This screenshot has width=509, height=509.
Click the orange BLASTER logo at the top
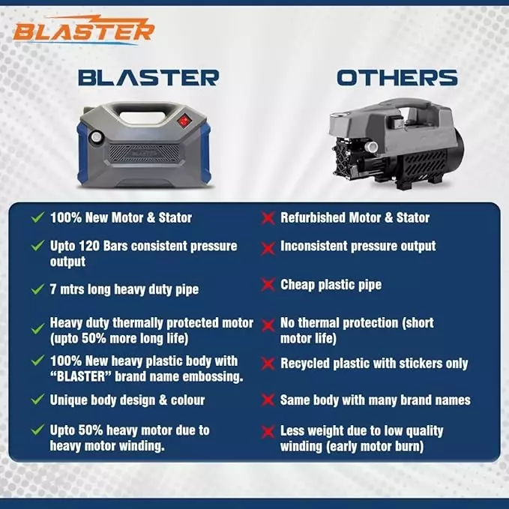coord(83,30)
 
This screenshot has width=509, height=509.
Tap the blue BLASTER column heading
coord(148,77)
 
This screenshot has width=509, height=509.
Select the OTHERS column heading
coord(397,77)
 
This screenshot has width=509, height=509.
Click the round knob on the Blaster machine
coord(95,139)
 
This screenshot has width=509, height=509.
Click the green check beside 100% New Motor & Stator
coord(37,217)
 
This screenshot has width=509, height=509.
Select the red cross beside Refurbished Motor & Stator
coord(266,218)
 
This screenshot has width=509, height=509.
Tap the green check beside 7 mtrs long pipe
coord(37,289)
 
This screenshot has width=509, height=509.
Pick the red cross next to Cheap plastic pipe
coord(266,285)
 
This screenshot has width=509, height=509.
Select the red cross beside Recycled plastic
coord(266,364)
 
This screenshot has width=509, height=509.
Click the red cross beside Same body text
coord(266,400)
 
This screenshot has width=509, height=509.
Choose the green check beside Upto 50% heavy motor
coord(37,430)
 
